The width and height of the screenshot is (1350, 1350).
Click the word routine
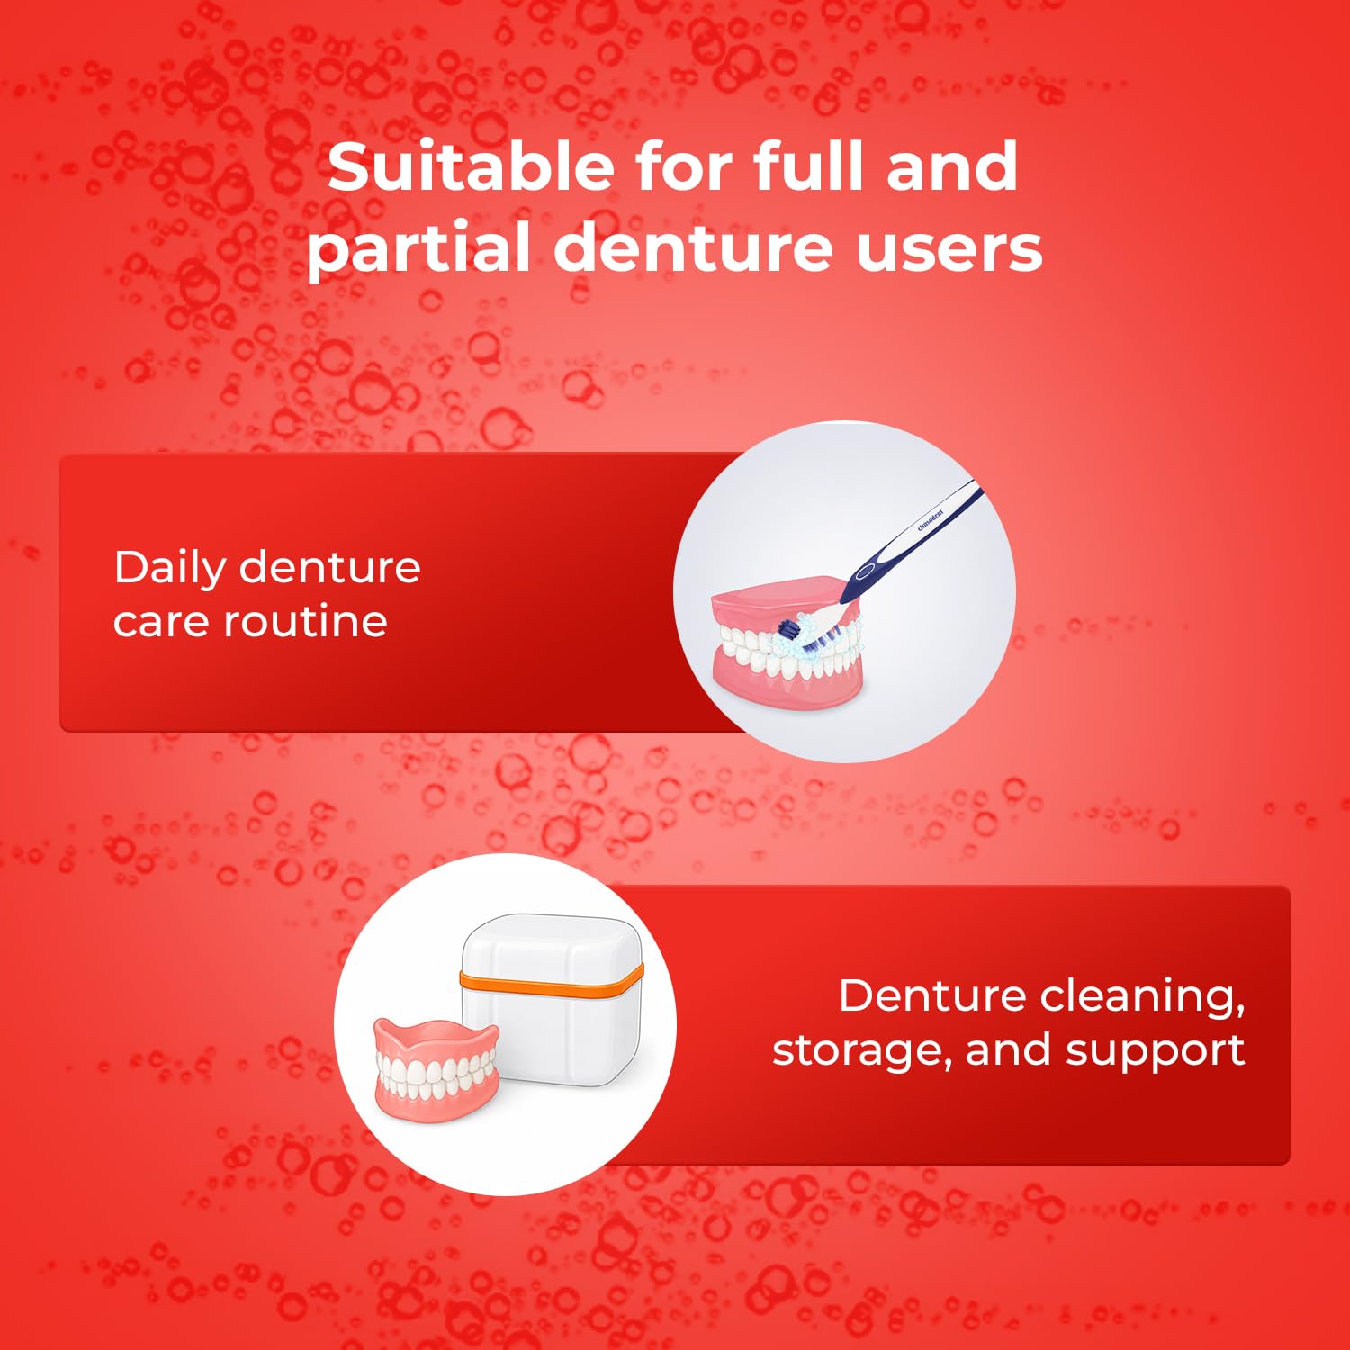coord(305,620)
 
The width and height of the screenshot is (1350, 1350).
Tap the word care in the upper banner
coord(160,622)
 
